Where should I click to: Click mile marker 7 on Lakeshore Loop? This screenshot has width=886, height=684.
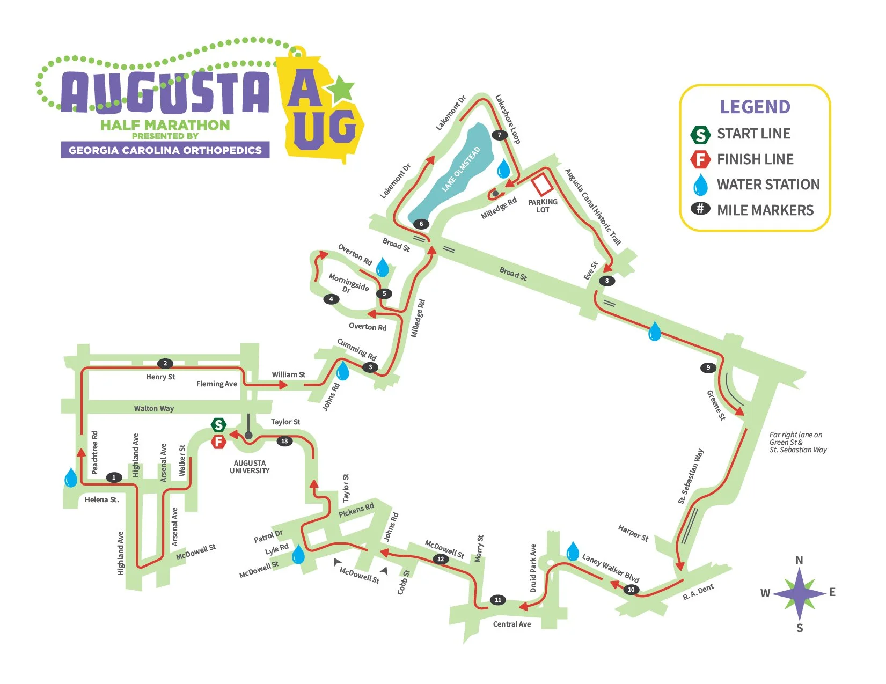[500, 135]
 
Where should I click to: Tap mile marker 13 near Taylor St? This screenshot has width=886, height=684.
[284, 441]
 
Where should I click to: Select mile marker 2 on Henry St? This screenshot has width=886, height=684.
[165, 363]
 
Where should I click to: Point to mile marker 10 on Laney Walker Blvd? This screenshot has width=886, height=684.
[631, 590]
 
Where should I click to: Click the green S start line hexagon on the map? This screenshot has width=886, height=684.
[218, 425]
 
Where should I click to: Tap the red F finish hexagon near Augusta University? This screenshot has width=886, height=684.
[218, 442]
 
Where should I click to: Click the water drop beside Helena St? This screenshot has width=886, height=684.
[71, 477]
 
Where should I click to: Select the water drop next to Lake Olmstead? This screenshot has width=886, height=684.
[503, 168]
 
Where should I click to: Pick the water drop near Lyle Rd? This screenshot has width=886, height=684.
[298, 555]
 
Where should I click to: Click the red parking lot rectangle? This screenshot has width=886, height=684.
[542, 184]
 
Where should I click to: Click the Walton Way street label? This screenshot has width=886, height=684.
[154, 408]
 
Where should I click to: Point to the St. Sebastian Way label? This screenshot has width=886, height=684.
[691, 476]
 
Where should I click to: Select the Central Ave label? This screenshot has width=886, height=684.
[512, 624]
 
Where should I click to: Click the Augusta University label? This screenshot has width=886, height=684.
[250, 467]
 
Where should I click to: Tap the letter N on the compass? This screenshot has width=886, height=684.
[799, 560]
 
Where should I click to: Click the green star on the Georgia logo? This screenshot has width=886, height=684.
[341, 89]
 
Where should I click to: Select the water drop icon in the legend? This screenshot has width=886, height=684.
[700, 185]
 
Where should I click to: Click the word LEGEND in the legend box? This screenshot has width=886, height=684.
[755, 107]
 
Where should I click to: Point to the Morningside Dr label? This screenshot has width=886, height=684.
[348, 283]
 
